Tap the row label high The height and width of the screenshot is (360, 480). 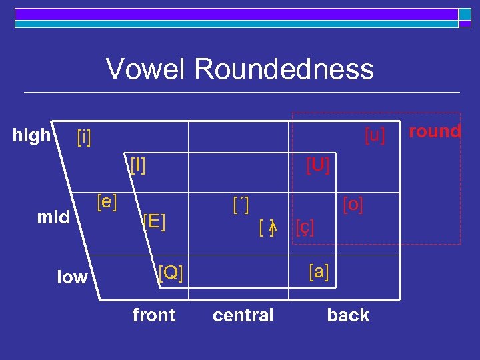click(31, 135)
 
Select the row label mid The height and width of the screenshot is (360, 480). click(54, 217)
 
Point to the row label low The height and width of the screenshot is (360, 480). click(71, 277)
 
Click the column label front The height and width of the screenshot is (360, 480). click(154, 315)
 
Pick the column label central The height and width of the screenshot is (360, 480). click(243, 315)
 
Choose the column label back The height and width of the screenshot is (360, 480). click(348, 315)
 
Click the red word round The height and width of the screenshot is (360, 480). click(435, 131)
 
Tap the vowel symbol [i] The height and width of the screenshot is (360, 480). click(84, 137)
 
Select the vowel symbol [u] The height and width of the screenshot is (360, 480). click(375, 135)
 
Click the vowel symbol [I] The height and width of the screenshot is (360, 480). click(138, 164)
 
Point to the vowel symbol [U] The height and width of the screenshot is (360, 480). click(318, 164)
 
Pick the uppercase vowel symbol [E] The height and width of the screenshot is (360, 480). click(154, 221)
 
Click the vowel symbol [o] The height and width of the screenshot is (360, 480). click(353, 204)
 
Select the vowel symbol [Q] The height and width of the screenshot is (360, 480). click(170, 272)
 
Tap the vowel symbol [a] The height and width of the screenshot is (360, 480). click(319, 271)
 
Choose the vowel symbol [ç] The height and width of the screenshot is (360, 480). click(305, 227)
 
